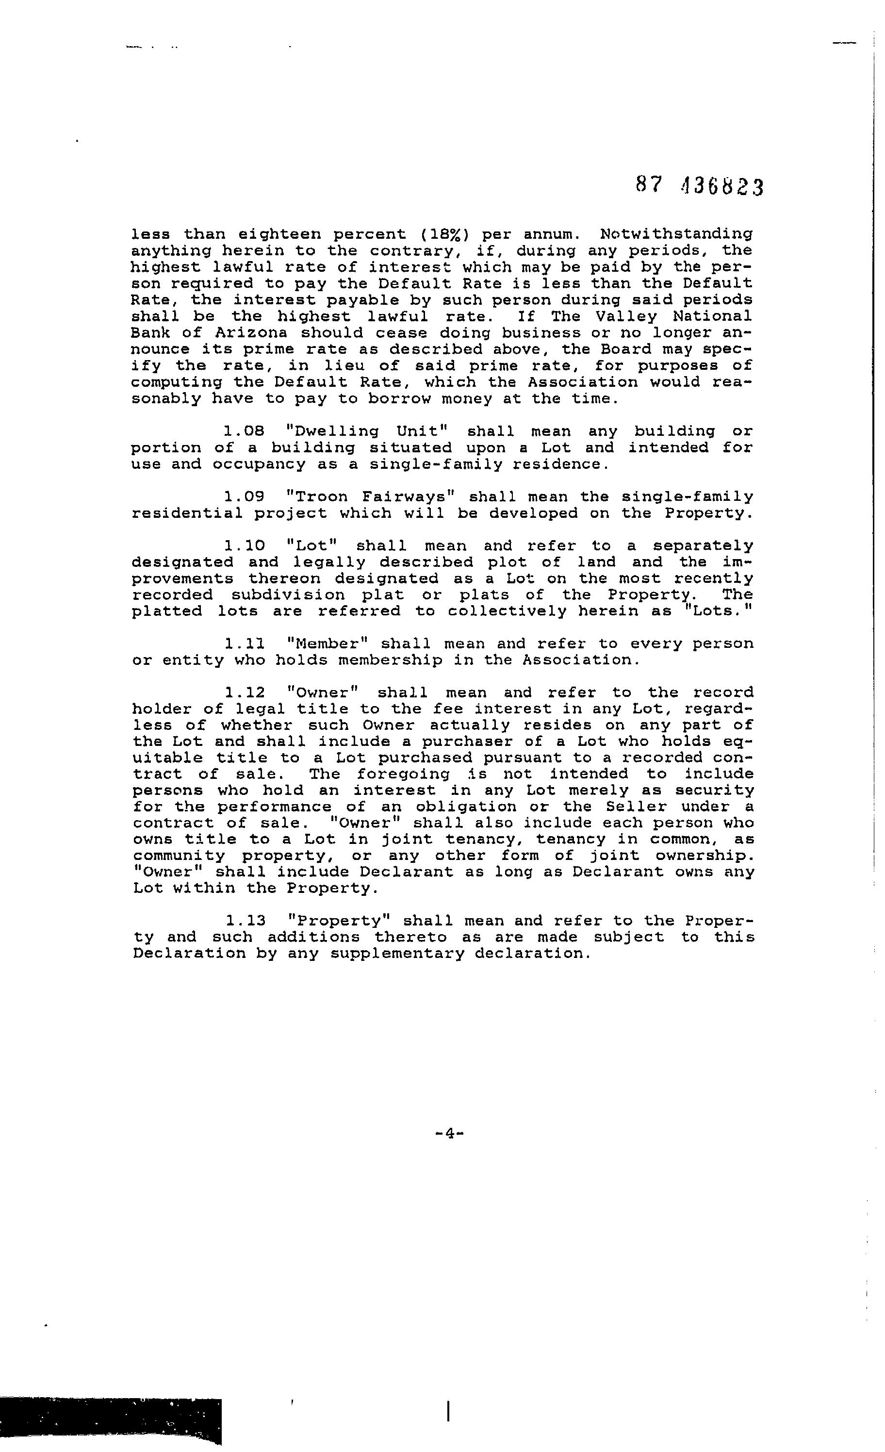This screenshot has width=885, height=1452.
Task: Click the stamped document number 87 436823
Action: (699, 187)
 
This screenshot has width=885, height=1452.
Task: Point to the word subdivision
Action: (288, 594)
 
